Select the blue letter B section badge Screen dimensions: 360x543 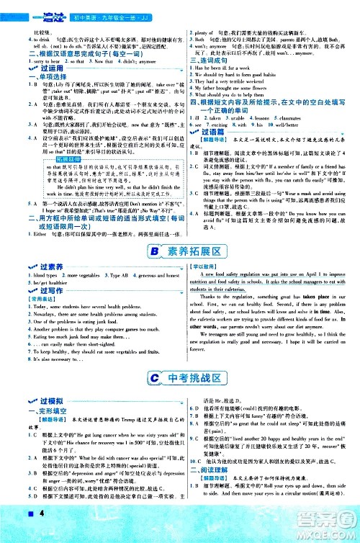tap(156, 251)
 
